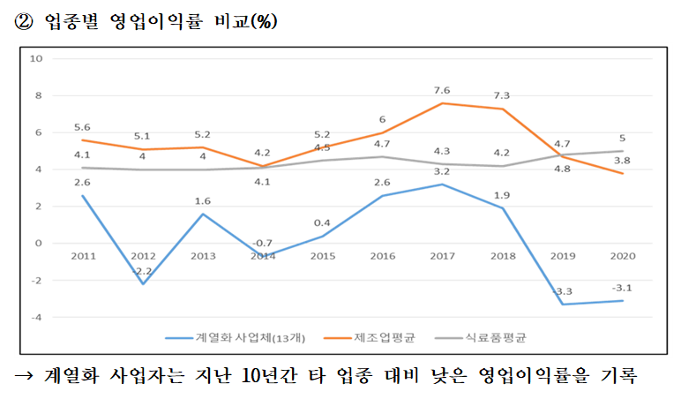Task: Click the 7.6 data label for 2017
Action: coord(442,90)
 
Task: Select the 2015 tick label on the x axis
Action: coord(322,255)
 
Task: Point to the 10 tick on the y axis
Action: coord(36,59)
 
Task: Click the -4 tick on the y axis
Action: coord(36,317)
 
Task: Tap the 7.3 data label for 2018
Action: coord(502,95)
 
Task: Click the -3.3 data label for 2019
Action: coord(562,291)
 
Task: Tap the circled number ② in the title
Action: coord(24,22)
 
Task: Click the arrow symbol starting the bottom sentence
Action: coord(24,375)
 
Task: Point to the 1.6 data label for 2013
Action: coord(203,200)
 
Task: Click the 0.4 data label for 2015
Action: coord(322,222)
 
